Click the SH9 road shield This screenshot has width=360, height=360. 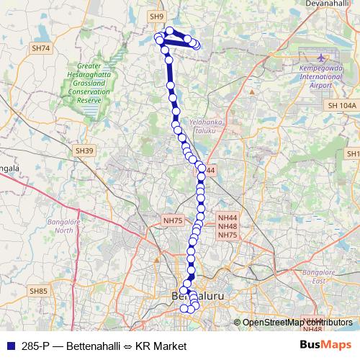(157, 16)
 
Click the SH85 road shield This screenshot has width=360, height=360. (38, 291)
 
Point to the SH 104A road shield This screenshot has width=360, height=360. (341, 106)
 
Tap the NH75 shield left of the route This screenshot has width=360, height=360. (174, 220)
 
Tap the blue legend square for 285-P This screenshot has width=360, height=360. (9, 346)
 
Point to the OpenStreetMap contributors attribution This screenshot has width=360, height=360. (297, 323)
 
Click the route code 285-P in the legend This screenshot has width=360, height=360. (37, 346)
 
